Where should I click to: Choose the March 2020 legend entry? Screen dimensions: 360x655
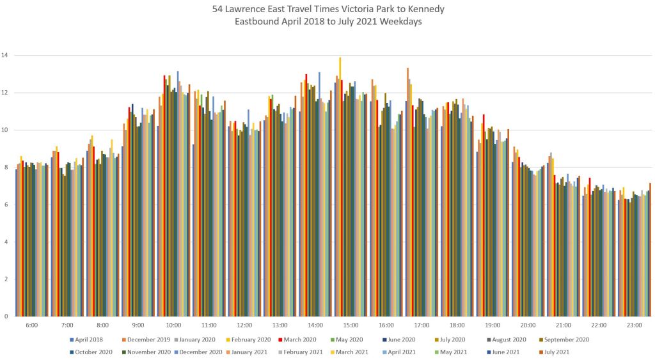[x=297, y=340]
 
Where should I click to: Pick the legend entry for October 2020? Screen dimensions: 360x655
[x=93, y=351]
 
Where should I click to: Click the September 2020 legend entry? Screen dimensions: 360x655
[x=567, y=340]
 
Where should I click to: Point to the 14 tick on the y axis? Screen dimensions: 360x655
[x=5, y=56]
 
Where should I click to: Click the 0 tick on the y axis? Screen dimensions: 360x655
[x=5, y=317]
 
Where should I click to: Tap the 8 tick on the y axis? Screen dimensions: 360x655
[x=5, y=168]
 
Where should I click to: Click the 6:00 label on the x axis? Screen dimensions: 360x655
[x=32, y=325]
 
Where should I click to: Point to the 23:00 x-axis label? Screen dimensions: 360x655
[x=635, y=325]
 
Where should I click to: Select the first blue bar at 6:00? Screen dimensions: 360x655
[x=17, y=243]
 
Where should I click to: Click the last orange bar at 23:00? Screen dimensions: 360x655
[x=651, y=249]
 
